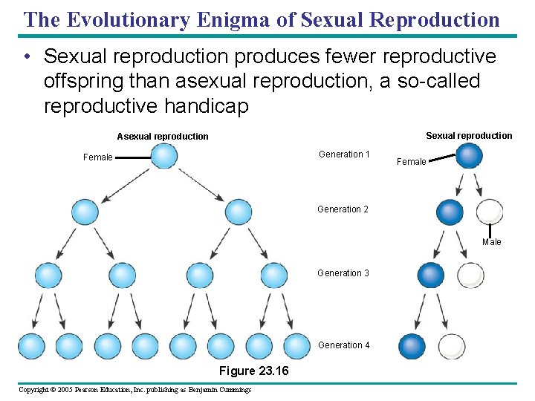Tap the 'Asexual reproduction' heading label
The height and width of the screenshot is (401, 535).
(x=163, y=137)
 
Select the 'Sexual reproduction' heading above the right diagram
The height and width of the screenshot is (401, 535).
(x=469, y=135)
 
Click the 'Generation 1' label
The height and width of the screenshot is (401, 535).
(x=344, y=154)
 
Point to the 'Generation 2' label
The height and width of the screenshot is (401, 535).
(x=343, y=209)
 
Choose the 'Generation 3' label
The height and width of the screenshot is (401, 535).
(x=343, y=273)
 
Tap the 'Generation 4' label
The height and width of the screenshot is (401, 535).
(x=343, y=345)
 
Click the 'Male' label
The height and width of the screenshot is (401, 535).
(x=492, y=242)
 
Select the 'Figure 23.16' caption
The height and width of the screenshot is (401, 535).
(x=254, y=371)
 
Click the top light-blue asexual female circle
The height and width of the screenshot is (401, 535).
(x=164, y=156)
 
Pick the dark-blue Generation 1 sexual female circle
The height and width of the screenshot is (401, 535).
(x=469, y=156)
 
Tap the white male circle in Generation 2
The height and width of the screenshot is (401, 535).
(x=489, y=212)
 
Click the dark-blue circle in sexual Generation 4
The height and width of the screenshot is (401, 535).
(x=412, y=346)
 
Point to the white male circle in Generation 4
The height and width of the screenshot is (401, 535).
(x=452, y=346)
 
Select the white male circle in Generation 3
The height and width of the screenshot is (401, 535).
(x=470, y=276)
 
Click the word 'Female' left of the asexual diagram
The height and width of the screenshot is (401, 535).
(x=98, y=157)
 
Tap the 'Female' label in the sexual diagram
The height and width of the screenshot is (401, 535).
(x=412, y=162)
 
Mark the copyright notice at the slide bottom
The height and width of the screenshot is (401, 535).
(x=134, y=390)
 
